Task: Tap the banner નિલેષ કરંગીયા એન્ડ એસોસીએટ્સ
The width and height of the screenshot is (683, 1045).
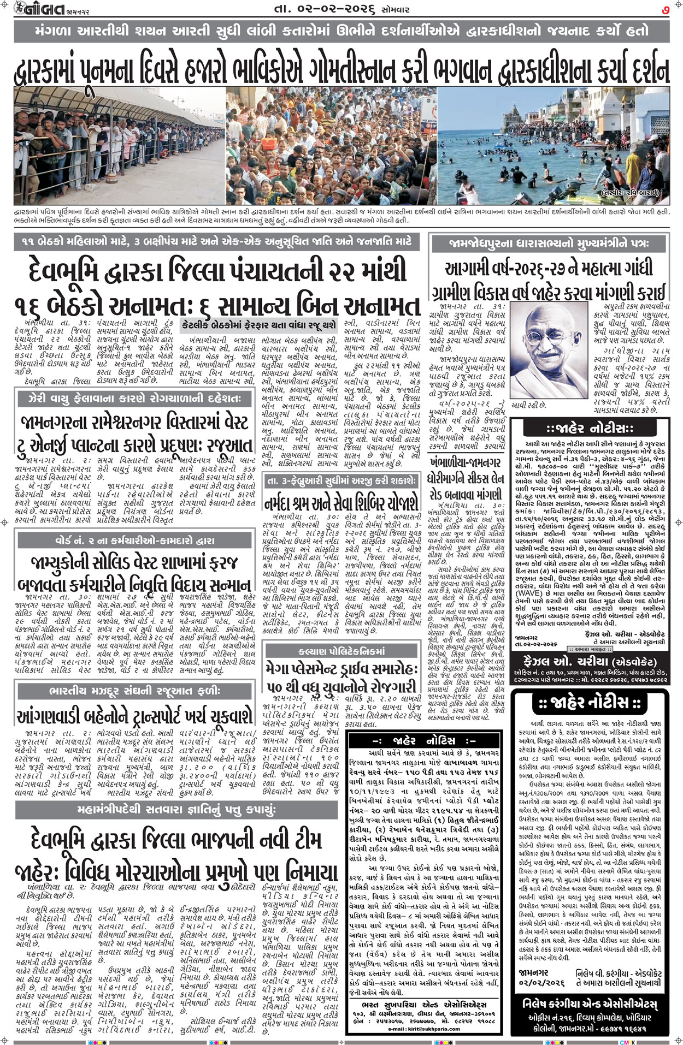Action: pos(590,1004)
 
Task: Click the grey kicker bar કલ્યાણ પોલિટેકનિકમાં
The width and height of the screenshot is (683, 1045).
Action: pos(341,651)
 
